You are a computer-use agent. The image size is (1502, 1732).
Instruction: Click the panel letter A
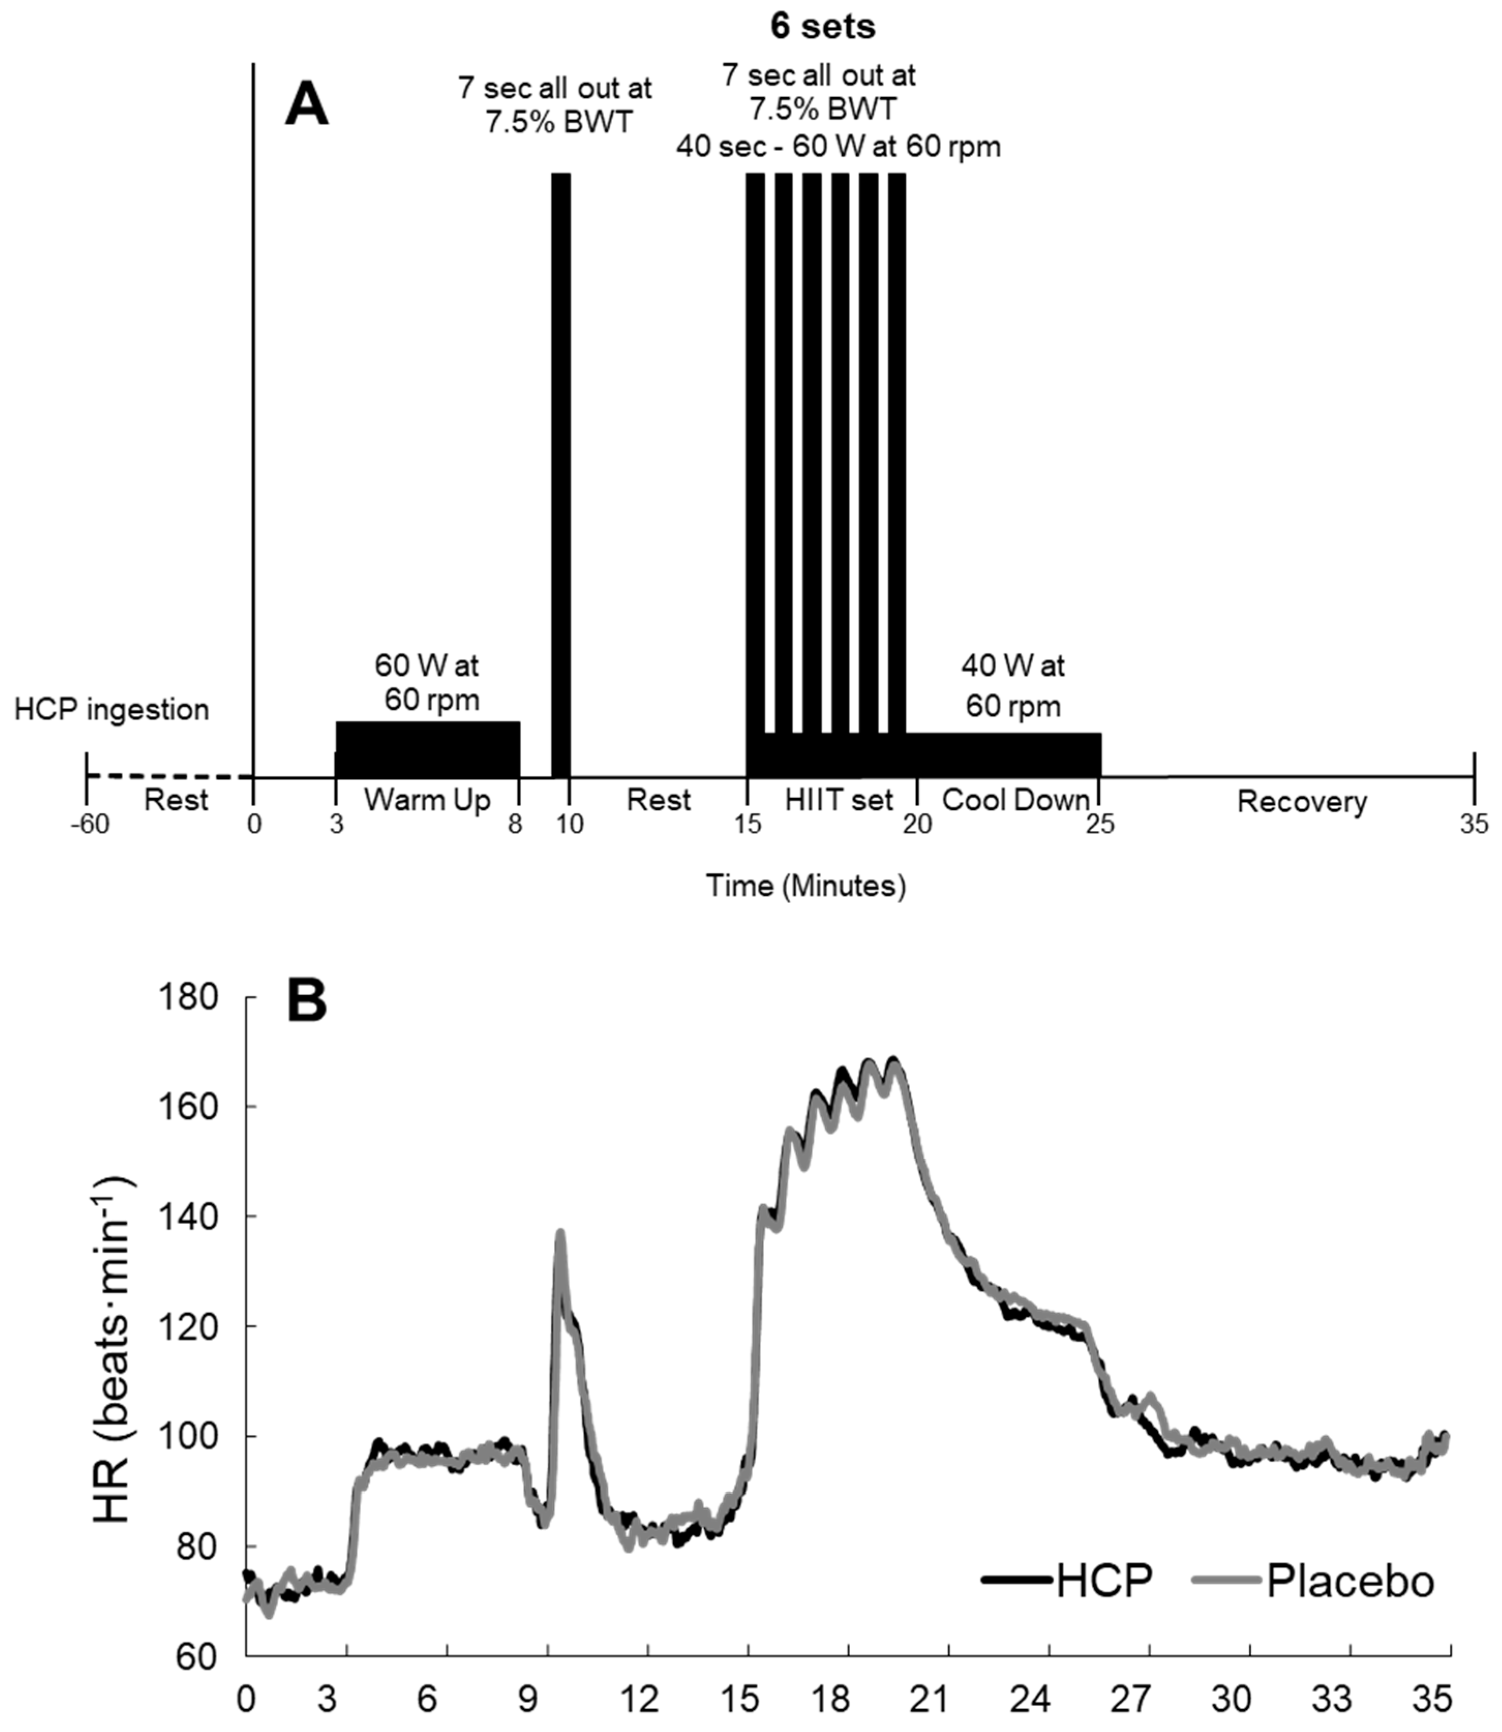point(307,107)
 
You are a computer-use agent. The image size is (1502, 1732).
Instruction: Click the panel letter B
point(307,1002)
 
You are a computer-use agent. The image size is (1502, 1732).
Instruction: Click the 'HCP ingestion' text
point(112,710)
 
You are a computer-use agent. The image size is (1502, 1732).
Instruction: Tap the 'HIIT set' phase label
point(839,801)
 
